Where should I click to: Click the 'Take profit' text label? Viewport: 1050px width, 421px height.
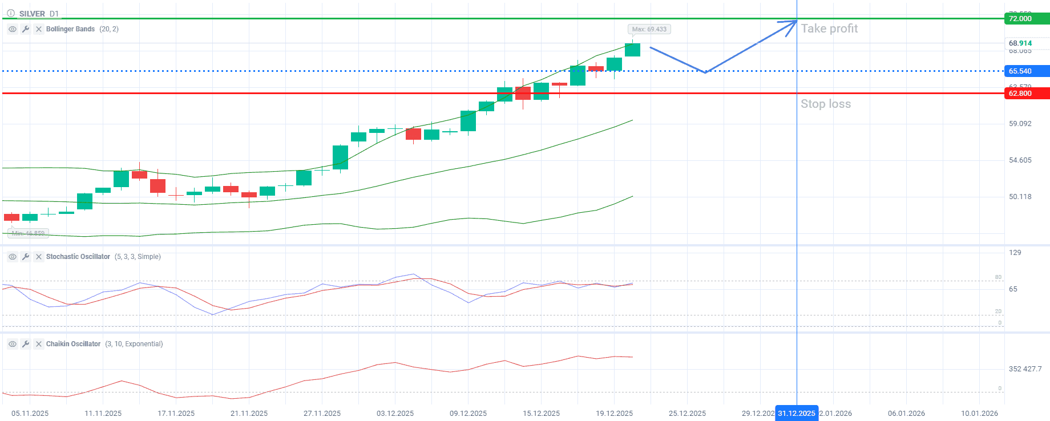pos(829,29)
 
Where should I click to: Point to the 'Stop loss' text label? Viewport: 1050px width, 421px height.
pos(825,104)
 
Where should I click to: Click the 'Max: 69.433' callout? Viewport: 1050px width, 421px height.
pos(649,29)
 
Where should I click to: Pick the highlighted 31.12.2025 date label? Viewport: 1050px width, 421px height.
pos(797,413)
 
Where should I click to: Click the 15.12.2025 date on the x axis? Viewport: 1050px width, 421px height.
pos(541,413)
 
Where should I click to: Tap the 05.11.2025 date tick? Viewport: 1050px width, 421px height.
pos(30,413)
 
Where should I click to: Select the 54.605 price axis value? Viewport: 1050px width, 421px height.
pos(1020,160)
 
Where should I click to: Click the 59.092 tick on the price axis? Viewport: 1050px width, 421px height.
pos(1020,124)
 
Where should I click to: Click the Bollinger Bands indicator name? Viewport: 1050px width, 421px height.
pos(70,29)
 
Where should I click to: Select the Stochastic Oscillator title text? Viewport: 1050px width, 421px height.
pos(78,257)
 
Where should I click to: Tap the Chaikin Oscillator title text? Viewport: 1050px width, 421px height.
pos(73,344)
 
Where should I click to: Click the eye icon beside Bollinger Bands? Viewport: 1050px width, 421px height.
pos(13,29)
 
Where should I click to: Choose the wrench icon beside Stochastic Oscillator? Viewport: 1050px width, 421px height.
pos(26,257)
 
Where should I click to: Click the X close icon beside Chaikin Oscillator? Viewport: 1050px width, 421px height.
pos(39,344)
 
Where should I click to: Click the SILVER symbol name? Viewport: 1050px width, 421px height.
pos(32,14)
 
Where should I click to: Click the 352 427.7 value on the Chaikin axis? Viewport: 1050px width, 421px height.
pos(1025,369)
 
